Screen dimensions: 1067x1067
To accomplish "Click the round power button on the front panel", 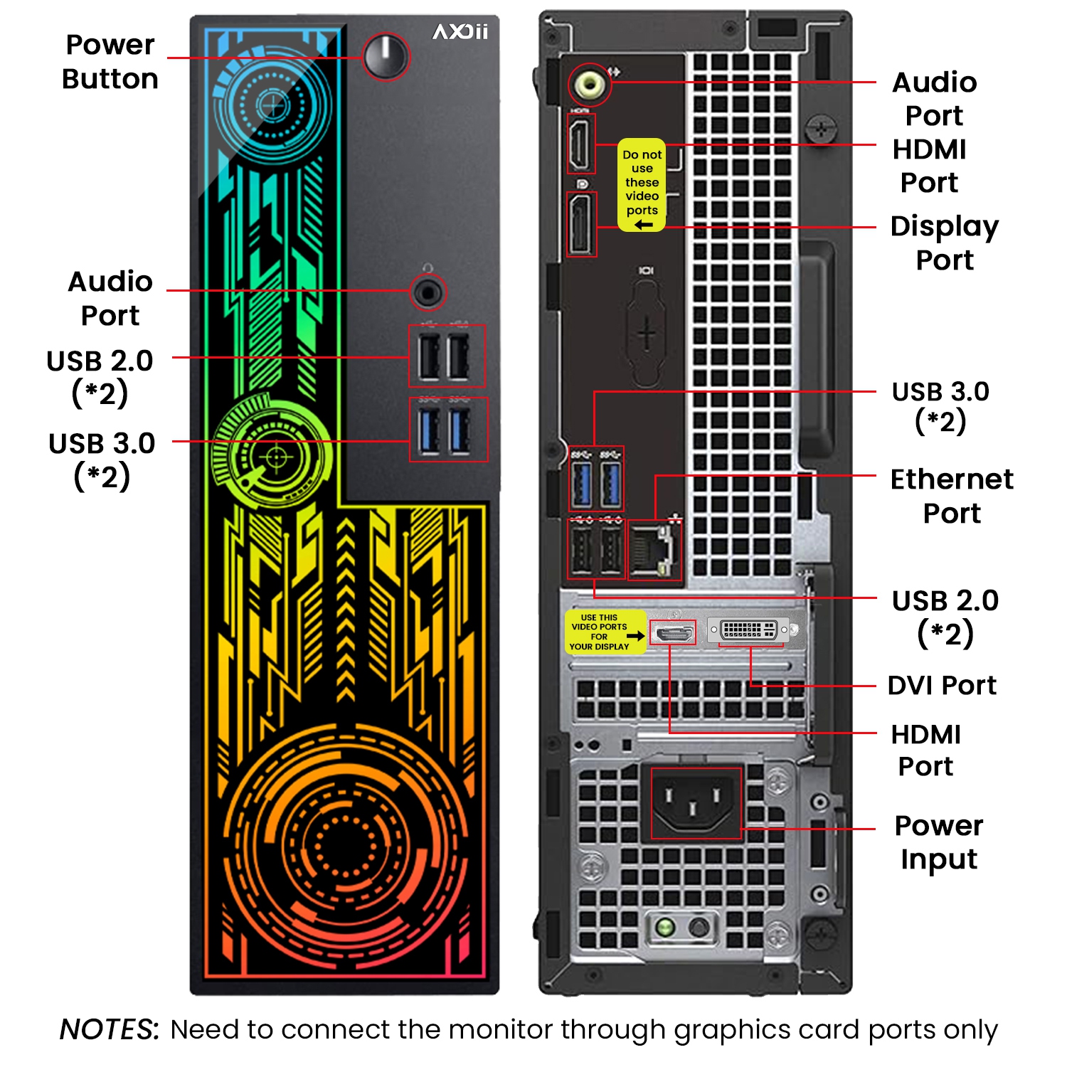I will point(386,56).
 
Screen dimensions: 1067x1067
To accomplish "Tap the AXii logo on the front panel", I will point(461,32).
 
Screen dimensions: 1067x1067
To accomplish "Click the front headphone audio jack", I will point(428,292).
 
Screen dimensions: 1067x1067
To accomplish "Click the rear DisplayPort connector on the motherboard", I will point(581,224).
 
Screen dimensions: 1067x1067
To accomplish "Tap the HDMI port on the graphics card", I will point(672,632).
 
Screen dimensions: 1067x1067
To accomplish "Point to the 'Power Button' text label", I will point(110,62).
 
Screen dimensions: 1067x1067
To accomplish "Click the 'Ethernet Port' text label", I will point(952,496).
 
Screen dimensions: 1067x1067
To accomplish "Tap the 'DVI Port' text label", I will point(942,685).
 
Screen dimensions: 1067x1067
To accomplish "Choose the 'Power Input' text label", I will point(939,842).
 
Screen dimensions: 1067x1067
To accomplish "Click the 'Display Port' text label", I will point(945,243).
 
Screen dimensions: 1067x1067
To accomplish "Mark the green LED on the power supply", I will point(665,927).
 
